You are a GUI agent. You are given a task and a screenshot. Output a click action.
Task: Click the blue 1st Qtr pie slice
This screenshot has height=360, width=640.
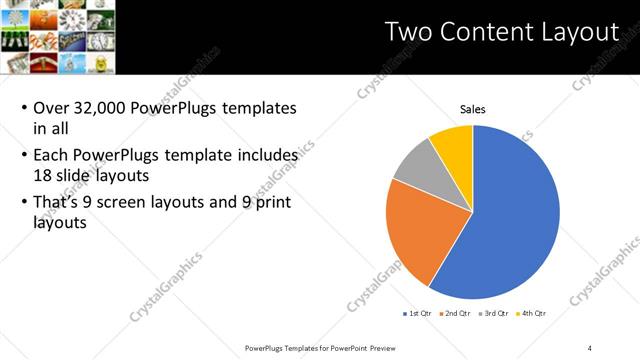510,220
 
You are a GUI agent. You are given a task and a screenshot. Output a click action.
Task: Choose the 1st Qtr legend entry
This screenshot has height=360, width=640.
416,313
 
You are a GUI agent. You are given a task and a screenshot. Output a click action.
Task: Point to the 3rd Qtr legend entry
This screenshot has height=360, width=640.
495,313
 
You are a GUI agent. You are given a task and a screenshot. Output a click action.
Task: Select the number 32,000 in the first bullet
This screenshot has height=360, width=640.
106,107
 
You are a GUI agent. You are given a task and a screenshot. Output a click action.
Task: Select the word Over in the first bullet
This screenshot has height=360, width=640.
52,107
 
